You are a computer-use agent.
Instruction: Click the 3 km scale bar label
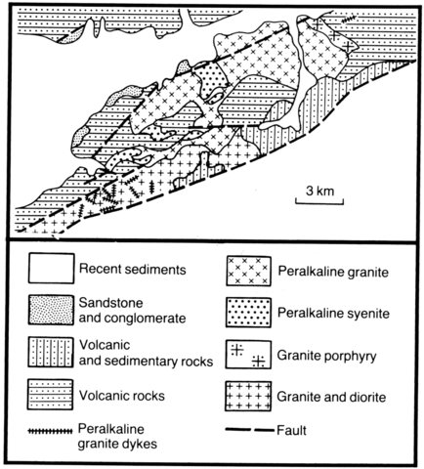click(320, 191)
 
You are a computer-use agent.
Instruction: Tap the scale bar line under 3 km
click(319, 203)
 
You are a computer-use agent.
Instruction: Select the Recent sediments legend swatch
click(51, 269)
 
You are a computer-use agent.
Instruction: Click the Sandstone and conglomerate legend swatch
click(51, 310)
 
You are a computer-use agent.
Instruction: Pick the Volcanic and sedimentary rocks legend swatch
click(51, 353)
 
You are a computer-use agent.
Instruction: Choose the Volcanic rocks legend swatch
click(50, 394)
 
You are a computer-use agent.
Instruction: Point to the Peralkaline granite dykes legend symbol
click(50, 431)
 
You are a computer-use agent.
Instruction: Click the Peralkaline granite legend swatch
click(248, 272)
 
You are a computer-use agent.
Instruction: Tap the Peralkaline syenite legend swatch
click(248, 313)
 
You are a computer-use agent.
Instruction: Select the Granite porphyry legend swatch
click(248, 355)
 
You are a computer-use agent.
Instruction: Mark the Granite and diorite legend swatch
click(248, 396)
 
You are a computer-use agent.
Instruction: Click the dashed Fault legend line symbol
click(250, 430)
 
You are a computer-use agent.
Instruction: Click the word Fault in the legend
click(291, 431)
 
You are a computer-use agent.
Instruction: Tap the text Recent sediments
click(133, 270)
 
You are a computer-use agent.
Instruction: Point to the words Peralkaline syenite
click(333, 314)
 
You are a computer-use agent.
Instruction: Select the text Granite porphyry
click(326, 356)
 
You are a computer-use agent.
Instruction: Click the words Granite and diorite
click(331, 397)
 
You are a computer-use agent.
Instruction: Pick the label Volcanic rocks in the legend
click(122, 396)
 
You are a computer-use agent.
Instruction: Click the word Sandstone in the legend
click(110, 303)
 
